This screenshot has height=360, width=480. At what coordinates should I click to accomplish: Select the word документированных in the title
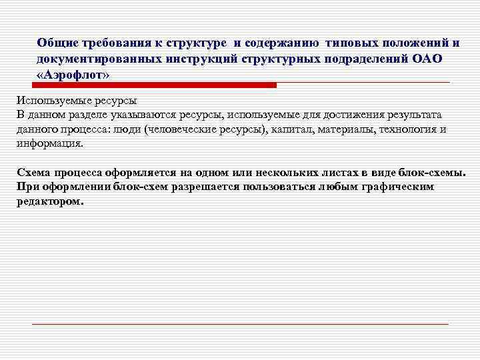click(x=93, y=59)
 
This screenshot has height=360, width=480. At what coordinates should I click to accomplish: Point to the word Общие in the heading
click(x=58, y=43)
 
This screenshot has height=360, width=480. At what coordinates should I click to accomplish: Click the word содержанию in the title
click(x=282, y=43)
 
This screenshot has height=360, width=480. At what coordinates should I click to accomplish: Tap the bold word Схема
click(x=33, y=172)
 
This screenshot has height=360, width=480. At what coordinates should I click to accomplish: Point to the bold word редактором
click(x=50, y=200)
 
